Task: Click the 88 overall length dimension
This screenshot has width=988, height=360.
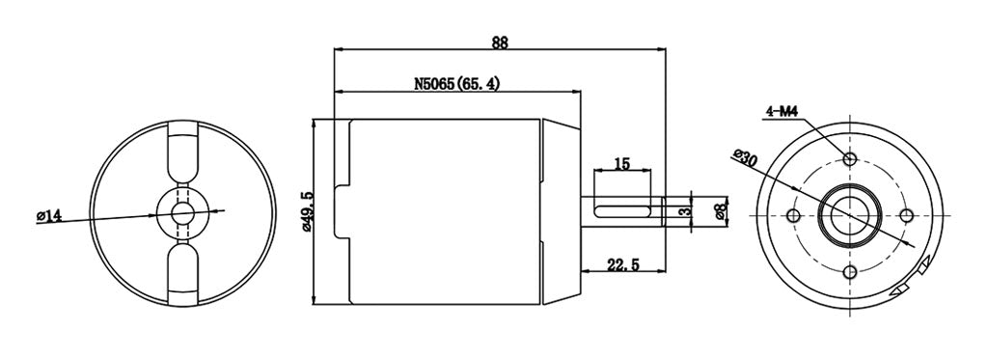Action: point(500,42)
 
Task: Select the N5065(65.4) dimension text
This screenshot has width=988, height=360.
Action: point(456,84)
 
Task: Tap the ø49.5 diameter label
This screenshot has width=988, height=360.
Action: point(308,213)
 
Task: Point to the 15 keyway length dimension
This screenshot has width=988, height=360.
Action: point(622,164)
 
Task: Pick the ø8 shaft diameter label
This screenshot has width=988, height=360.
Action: point(721,210)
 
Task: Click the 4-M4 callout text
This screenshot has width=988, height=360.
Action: point(782,112)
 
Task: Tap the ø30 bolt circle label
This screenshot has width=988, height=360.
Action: point(746,157)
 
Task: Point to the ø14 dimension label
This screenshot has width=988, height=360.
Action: point(49,216)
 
